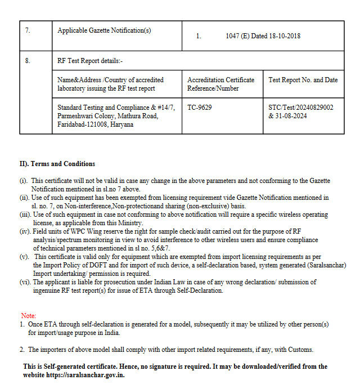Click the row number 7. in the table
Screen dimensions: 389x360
[28, 30]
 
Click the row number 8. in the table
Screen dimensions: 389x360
[28, 60]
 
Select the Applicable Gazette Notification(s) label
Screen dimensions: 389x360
[104, 30]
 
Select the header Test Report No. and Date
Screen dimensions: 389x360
[303, 80]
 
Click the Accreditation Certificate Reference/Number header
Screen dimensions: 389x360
[220, 84]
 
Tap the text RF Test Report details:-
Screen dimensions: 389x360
[90, 60]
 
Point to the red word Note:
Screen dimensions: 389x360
[28, 316]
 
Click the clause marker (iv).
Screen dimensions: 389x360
[25, 231]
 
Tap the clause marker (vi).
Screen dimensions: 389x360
[25, 282]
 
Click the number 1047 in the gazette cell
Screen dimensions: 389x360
[233, 36]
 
